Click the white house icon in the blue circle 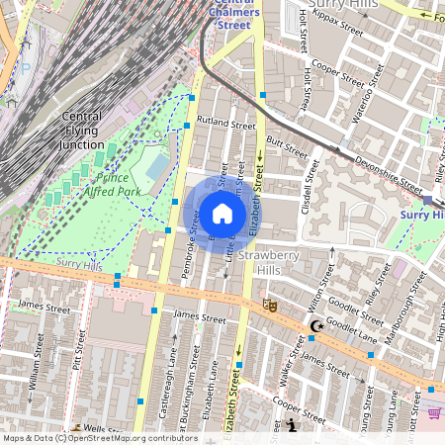pos(222,214)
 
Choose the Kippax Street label pos(337,24)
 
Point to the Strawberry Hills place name pos(278,262)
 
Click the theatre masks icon pos(269,307)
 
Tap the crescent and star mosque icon pos(316,325)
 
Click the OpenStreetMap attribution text pos(99,438)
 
